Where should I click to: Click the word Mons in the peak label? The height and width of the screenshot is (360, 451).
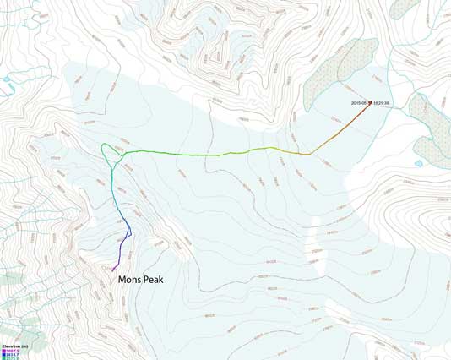(133, 279)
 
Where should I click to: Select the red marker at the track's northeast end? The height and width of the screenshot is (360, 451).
(370, 103)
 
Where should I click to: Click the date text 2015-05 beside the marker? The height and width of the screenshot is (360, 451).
(360, 103)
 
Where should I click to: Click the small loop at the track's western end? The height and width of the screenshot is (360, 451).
(107, 151)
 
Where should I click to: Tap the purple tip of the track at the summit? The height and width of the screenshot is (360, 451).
(113, 269)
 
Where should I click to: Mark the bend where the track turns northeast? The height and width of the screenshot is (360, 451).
(311, 154)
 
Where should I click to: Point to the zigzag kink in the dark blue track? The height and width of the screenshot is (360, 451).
(128, 231)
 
